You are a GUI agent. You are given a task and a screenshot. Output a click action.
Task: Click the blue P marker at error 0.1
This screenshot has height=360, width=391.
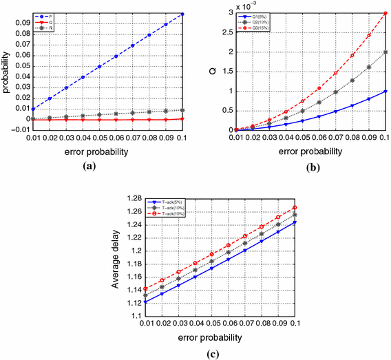[x=184, y=14]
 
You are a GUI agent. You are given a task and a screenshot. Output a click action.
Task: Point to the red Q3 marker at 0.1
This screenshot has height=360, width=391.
[x=385, y=14]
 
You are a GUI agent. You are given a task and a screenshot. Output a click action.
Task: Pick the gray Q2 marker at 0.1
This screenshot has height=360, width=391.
[x=385, y=52]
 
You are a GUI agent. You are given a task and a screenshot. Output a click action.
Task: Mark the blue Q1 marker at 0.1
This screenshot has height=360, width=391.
[x=385, y=91]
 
